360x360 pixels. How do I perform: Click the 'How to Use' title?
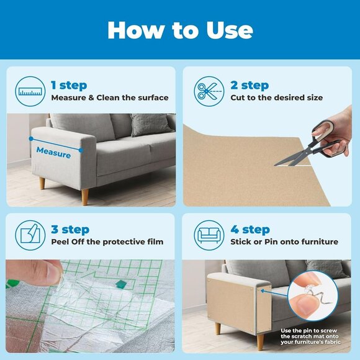click(180, 30)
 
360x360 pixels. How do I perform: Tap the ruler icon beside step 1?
click(30, 91)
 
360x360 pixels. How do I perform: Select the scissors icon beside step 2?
click(209, 91)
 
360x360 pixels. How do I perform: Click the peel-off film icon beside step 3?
click(30, 235)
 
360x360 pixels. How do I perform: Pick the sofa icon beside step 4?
click(209, 235)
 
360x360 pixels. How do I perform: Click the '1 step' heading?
click(69, 85)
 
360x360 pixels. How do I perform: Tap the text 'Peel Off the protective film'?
click(107, 241)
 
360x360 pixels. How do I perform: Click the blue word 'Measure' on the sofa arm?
click(53, 151)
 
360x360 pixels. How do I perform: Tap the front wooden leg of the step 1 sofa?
click(85, 197)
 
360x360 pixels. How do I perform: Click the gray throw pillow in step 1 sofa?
click(149, 125)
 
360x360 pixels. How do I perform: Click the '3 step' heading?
click(69, 230)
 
